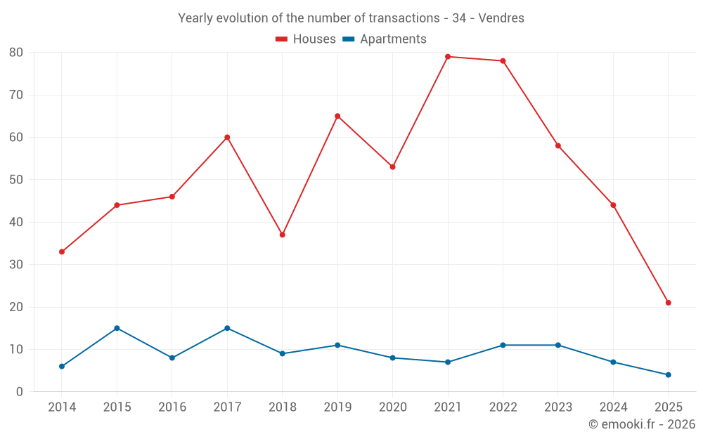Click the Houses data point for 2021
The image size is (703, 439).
[x=448, y=57]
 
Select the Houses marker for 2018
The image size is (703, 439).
[x=283, y=235]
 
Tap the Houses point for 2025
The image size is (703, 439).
[x=669, y=303]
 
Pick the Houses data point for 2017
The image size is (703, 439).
[x=227, y=137]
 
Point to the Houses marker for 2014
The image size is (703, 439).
[x=62, y=251]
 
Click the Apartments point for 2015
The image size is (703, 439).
[x=117, y=328]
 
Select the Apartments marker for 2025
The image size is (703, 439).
[x=669, y=375]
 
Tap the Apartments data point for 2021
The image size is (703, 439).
[x=448, y=362]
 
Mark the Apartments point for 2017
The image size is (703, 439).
[x=227, y=328]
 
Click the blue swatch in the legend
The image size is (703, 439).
[x=348, y=39]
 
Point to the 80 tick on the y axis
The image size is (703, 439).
[x=16, y=53]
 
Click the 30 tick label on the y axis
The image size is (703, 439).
[x=16, y=265]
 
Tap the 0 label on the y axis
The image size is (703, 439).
[x=20, y=392]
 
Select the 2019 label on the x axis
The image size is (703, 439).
[x=337, y=407]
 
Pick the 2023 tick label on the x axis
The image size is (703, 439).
[x=558, y=407]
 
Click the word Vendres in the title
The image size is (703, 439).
[x=501, y=18]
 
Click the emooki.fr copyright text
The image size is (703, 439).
[x=642, y=424]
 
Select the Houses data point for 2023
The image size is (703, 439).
[x=558, y=145]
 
